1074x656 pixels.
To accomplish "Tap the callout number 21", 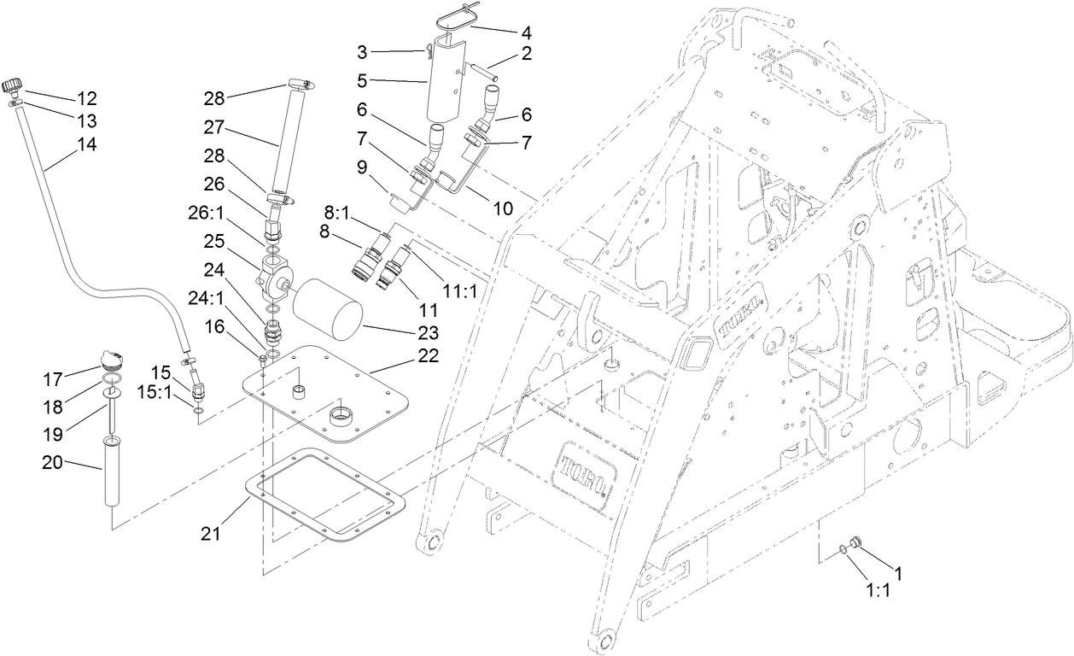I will point(211,534).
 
